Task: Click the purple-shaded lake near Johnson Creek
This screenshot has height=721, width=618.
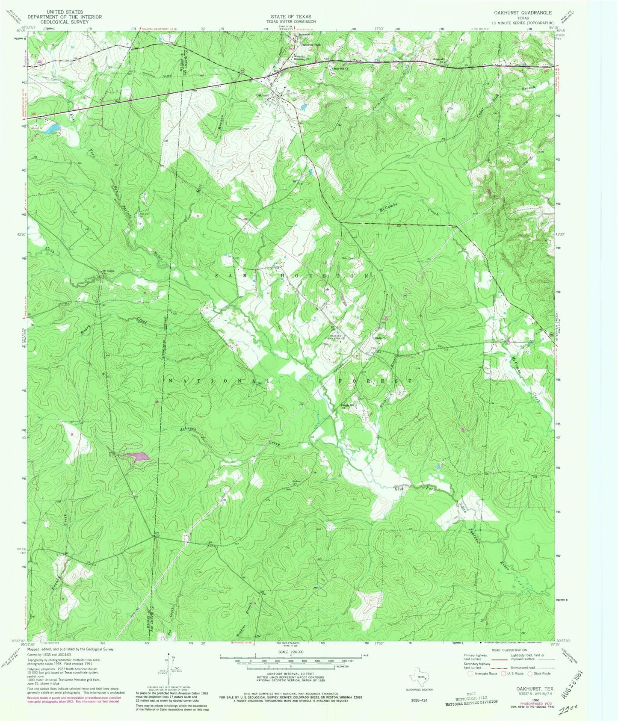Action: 136,457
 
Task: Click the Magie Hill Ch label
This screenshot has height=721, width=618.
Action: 346,405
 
